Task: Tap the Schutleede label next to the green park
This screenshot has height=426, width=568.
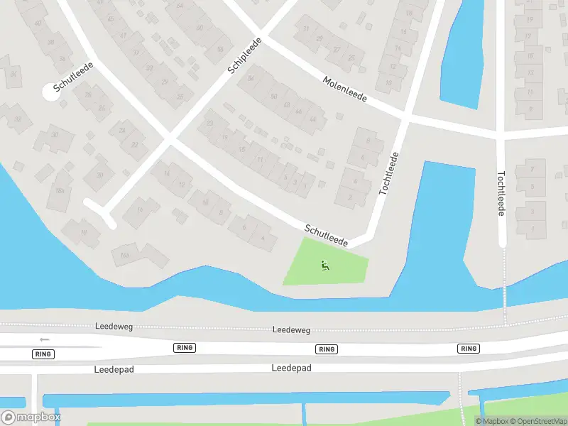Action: tap(326, 236)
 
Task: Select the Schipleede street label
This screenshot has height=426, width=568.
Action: tap(245, 56)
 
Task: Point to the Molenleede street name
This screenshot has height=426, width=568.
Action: tap(344, 89)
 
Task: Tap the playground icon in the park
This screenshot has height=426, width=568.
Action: tap(325, 266)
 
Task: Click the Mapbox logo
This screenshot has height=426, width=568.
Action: tap(31, 417)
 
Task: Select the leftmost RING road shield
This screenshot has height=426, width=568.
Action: tap(43, 354)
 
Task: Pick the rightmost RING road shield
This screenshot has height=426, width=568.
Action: tap(469, 349)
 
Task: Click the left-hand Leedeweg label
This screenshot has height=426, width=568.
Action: tap(113, 327)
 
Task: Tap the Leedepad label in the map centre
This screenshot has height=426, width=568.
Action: tap(291, 368)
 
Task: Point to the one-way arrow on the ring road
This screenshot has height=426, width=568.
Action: tap(45, 339)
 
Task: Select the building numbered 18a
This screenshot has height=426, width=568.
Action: tap(60, 190)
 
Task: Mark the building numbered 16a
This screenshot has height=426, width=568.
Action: tap(126, 255)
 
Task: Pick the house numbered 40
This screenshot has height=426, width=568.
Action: tap(38, 23)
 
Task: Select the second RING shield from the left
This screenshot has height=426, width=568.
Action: tap(185, 348)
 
